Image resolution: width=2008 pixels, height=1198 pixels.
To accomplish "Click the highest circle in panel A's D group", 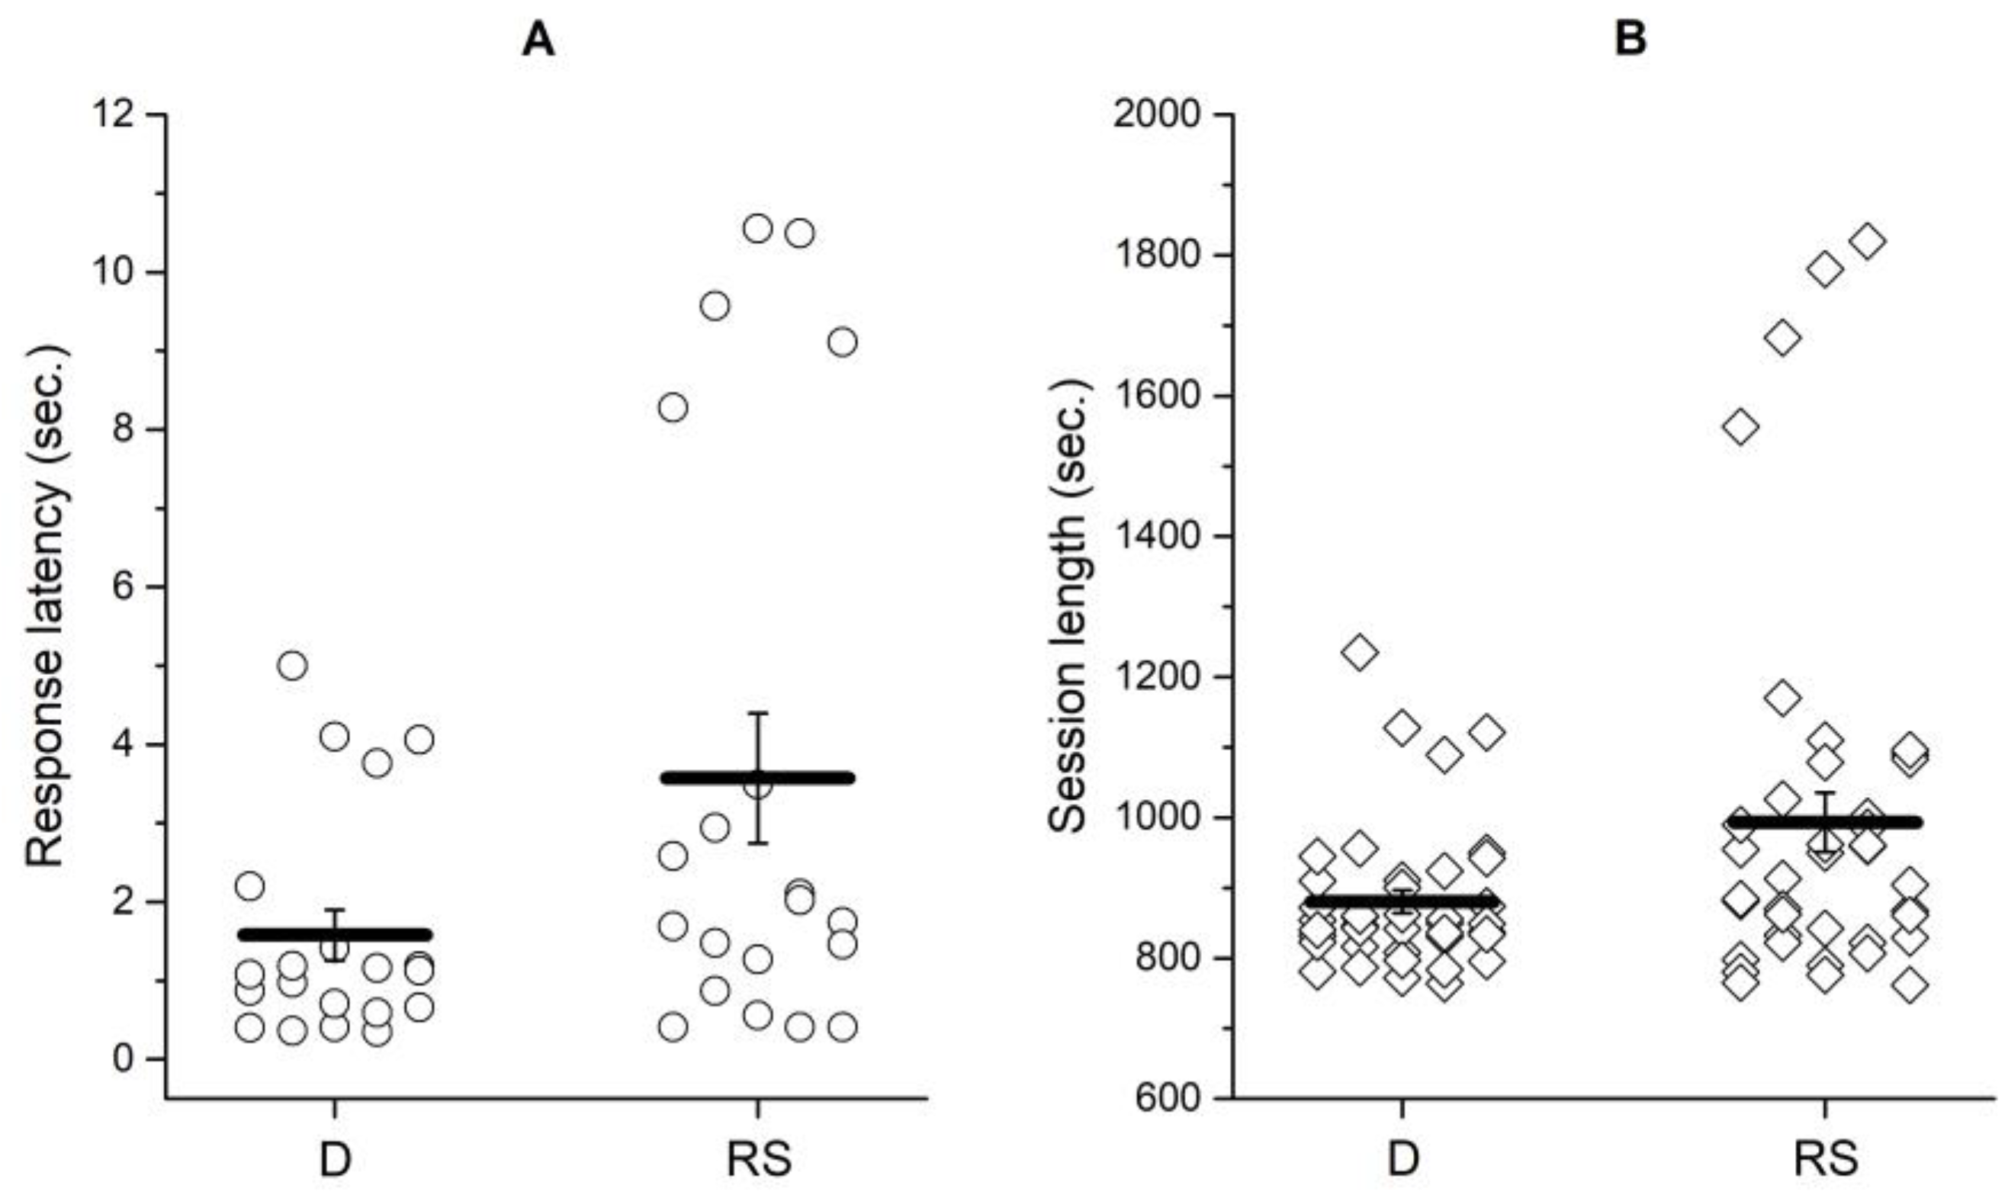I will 292,666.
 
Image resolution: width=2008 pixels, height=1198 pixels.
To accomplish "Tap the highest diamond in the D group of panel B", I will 1360,651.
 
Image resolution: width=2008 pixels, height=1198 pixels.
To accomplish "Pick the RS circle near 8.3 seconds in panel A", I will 673,408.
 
